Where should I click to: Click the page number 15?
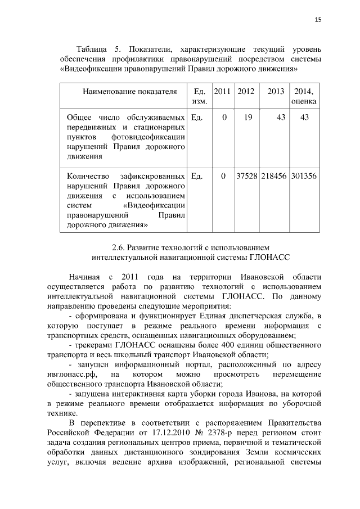point(318,20)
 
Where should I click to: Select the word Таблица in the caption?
point(93,49)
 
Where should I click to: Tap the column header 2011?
point(223,91)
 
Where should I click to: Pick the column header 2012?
point(246,91)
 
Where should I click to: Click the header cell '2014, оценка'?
point(304,96)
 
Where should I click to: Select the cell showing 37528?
point(246,176)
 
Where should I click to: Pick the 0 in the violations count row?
point(223,176)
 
